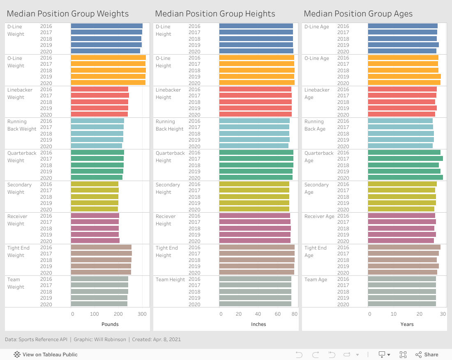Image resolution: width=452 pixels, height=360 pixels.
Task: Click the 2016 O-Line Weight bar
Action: [108, 57]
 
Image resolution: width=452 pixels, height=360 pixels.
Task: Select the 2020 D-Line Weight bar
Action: [105, 51]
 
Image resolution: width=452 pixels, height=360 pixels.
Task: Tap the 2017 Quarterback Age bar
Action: [405, 159]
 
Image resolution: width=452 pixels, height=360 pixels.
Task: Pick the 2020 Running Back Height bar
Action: [254, 146]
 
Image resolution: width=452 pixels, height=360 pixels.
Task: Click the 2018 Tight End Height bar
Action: [257, 260]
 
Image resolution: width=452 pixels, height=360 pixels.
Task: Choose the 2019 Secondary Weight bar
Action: [95, 203]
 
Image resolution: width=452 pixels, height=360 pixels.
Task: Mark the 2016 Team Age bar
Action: [402, 279]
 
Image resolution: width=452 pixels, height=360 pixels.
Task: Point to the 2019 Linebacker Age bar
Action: [402, 108]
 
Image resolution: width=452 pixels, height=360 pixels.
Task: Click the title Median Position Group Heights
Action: [215, 14]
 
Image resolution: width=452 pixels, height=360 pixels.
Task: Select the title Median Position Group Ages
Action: [358, 14]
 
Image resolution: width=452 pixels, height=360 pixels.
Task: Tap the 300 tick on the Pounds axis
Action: [142, 314]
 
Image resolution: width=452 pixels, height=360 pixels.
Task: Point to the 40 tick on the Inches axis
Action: [258, 314]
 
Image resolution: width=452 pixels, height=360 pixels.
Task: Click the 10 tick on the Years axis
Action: [394, 314]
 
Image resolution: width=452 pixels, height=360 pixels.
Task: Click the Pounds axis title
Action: [110, 324]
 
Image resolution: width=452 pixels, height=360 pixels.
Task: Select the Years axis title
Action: [407, 324]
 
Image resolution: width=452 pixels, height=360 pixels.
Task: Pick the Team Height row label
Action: [171, 280]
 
